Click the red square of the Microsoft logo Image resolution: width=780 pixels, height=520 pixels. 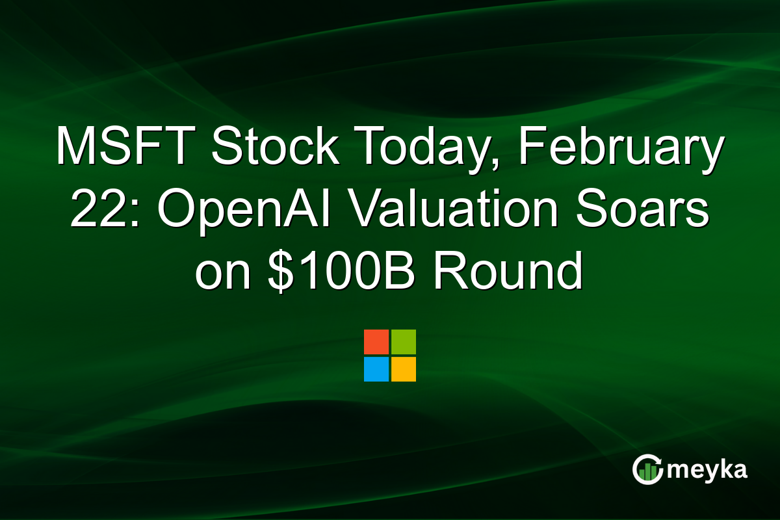pyautogui.click(x=376, y=342)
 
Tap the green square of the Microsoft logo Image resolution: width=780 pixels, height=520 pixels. pyautogui.click(x=404, y=342)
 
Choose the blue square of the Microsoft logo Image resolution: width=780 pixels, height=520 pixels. pyautogui.click(x=376, y=369)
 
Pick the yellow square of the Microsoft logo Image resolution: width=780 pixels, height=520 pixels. pyautogui.click(x=404, y=369)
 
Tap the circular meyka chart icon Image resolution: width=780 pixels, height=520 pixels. pyautogui.click(x=647, y=469)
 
